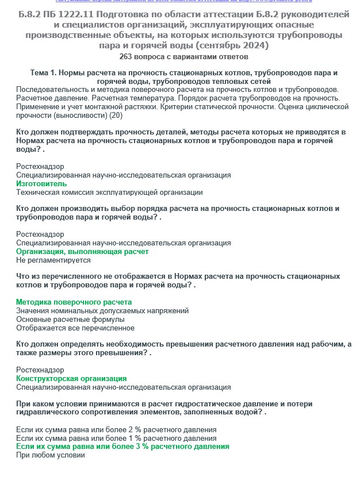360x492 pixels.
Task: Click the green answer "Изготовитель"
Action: [x=41, y=183]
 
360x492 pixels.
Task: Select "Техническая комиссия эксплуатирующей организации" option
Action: [x=109, y=192]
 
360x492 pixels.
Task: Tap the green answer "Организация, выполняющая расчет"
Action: [x=82, y=251]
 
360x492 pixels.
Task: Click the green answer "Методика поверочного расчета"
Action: [x=74, y=302]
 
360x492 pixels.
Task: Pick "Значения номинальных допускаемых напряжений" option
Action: [x=102, y=310]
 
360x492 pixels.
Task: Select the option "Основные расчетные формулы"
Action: [x=70, y=319]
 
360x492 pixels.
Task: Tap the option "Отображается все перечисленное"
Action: [x=75, y=328]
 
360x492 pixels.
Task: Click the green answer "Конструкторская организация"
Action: [x=71, y=378]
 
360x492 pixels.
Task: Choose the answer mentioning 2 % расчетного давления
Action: [x=116, y=429]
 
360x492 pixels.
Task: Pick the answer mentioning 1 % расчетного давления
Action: [x=116, y=438]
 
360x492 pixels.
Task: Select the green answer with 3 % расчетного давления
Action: [x=122, y=446]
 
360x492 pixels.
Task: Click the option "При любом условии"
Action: [x=50, y=455]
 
